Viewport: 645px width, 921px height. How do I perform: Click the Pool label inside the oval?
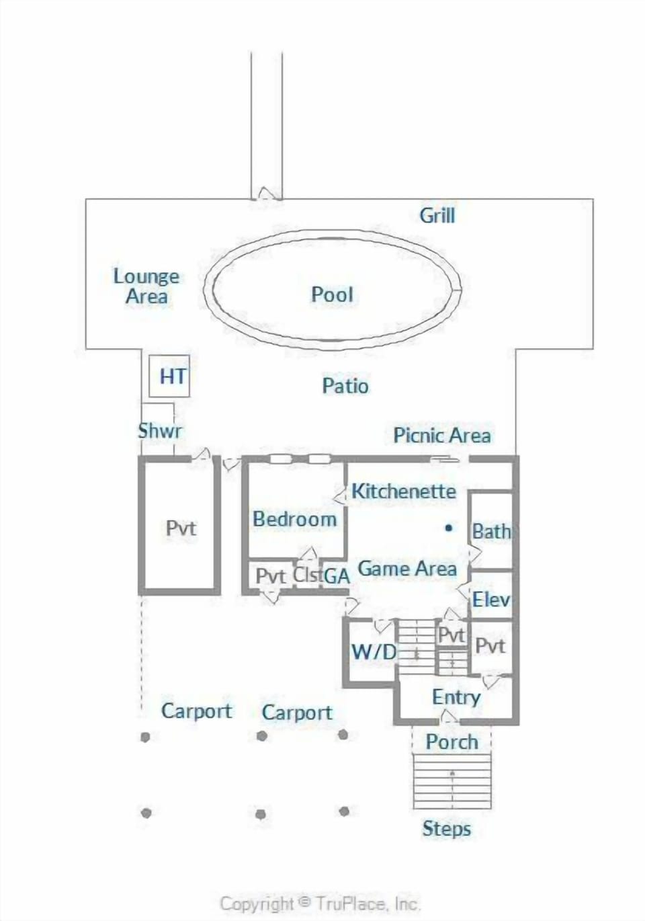click(x=332, y=294)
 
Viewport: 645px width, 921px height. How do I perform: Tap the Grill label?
click(x=437, y=216)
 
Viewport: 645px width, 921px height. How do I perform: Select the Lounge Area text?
click(x=146, y=286)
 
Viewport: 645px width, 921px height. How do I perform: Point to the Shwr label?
click(x=160, y=431)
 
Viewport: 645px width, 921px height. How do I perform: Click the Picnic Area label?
click(x=441, y=436)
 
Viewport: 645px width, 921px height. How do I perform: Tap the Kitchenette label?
click(x=404, y=491)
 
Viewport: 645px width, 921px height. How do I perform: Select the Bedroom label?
click(x=295, y=519)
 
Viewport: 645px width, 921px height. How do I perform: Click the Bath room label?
click(x=491, y=531)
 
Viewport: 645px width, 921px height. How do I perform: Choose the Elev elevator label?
click(x=491, y=599)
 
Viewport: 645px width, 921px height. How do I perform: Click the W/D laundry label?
click(x=374, y=651)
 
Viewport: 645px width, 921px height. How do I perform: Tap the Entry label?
click(x=456, y=697)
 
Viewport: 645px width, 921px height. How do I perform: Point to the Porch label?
click(x=452, y=742)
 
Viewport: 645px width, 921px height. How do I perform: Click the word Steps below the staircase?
click(x=446, y=829)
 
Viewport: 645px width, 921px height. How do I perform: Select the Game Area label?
click(x=407, y=569)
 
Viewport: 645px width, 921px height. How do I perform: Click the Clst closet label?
click(x=307, y=575)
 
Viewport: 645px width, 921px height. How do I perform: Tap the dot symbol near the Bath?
click(x=449, y=528)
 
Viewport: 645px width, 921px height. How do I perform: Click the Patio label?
click(x=345, y=386)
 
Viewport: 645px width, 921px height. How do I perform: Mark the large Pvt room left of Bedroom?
click(x=181, y=528)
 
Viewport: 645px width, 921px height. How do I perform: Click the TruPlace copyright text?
click(x=320, y=904)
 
